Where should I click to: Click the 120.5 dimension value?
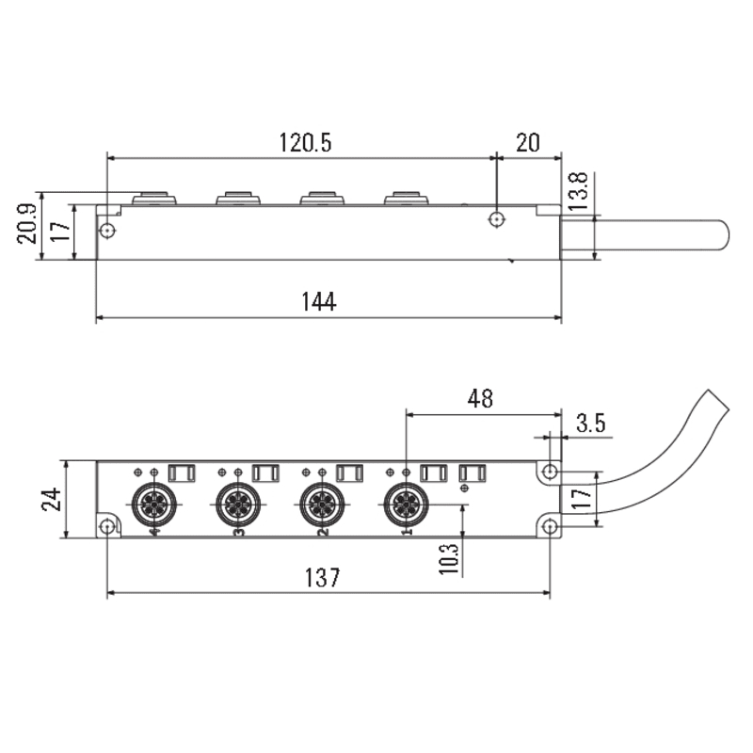305,143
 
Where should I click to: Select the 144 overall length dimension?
319,301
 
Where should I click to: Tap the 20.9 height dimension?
27,224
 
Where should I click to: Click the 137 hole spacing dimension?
323,577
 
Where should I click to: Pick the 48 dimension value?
480,398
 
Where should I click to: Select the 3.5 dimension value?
591,423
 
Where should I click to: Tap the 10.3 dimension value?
449,559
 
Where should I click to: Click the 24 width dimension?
52,500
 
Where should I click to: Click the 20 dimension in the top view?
528,143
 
